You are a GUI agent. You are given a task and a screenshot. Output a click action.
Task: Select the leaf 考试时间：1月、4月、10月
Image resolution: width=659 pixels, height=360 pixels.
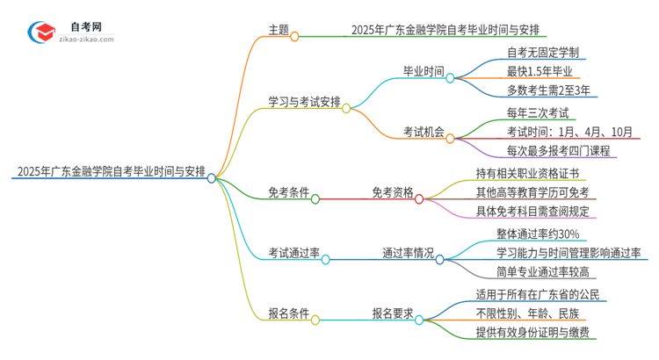pyautogui.click(x=569, y=132)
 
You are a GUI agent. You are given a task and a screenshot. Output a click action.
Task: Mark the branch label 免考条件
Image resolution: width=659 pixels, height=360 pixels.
pyautogui.click(x=289, y=192)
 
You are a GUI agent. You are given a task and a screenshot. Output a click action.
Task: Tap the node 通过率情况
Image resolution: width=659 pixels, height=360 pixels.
pyautogui.click(x=408, y=253)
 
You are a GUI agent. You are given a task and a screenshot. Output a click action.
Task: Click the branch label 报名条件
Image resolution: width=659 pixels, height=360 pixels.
pyautogui.click(x=289, y=313)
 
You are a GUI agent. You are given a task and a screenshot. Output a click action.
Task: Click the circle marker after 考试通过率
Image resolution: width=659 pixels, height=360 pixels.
pyautogui.click(x=326, y=260)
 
